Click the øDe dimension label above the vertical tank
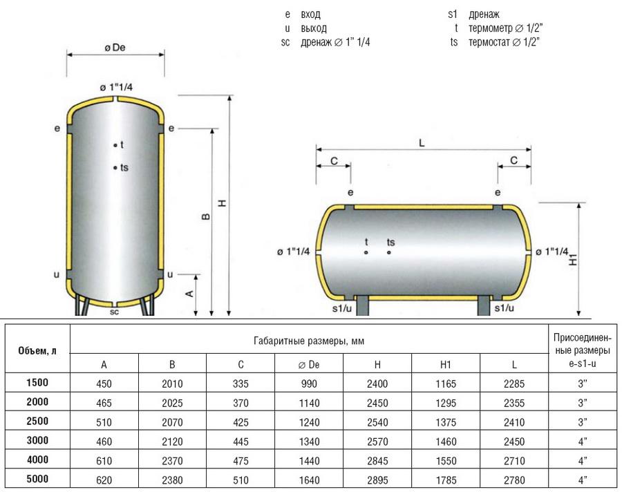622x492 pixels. click(x=115, y=48)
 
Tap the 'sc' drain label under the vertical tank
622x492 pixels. click(x=114, y=312)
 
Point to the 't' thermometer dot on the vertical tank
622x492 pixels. click(x=115, y=146)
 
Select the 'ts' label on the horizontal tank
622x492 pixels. click(x=390, y=242)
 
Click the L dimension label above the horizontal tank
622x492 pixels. click(x=422, y=142)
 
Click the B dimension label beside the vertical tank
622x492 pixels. click(x=206, y=216)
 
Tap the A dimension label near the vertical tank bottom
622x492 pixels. click(x=189, y=294)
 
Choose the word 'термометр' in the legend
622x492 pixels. click(x=491, y=28)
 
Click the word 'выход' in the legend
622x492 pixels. click(x=314, y=28)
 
